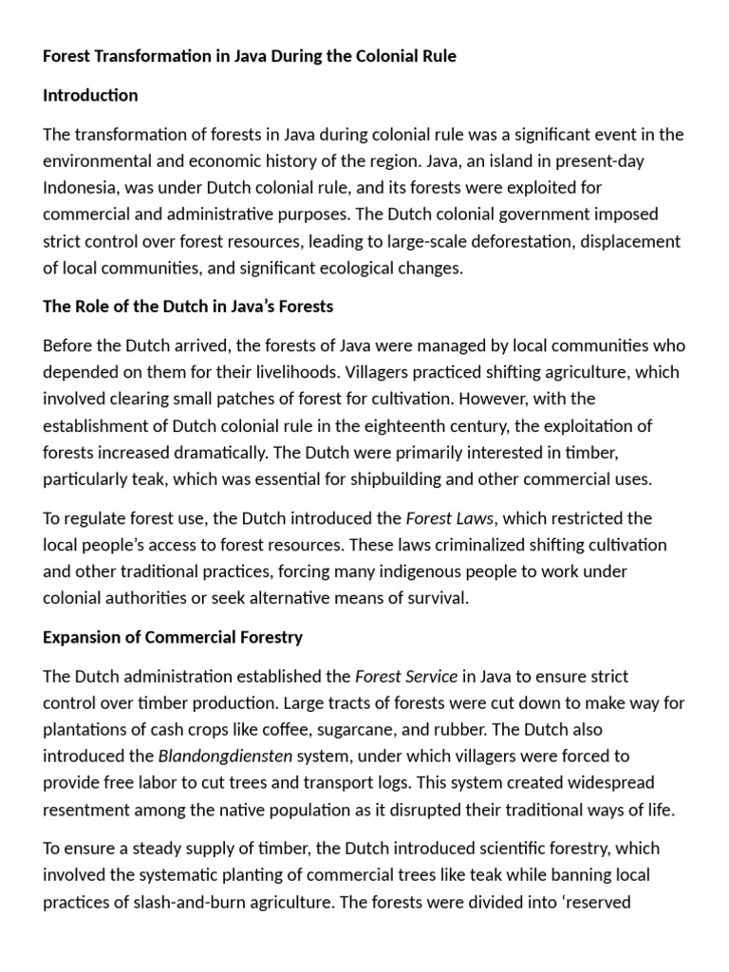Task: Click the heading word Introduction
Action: point(90,96)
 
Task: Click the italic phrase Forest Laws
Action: point(451,518)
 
